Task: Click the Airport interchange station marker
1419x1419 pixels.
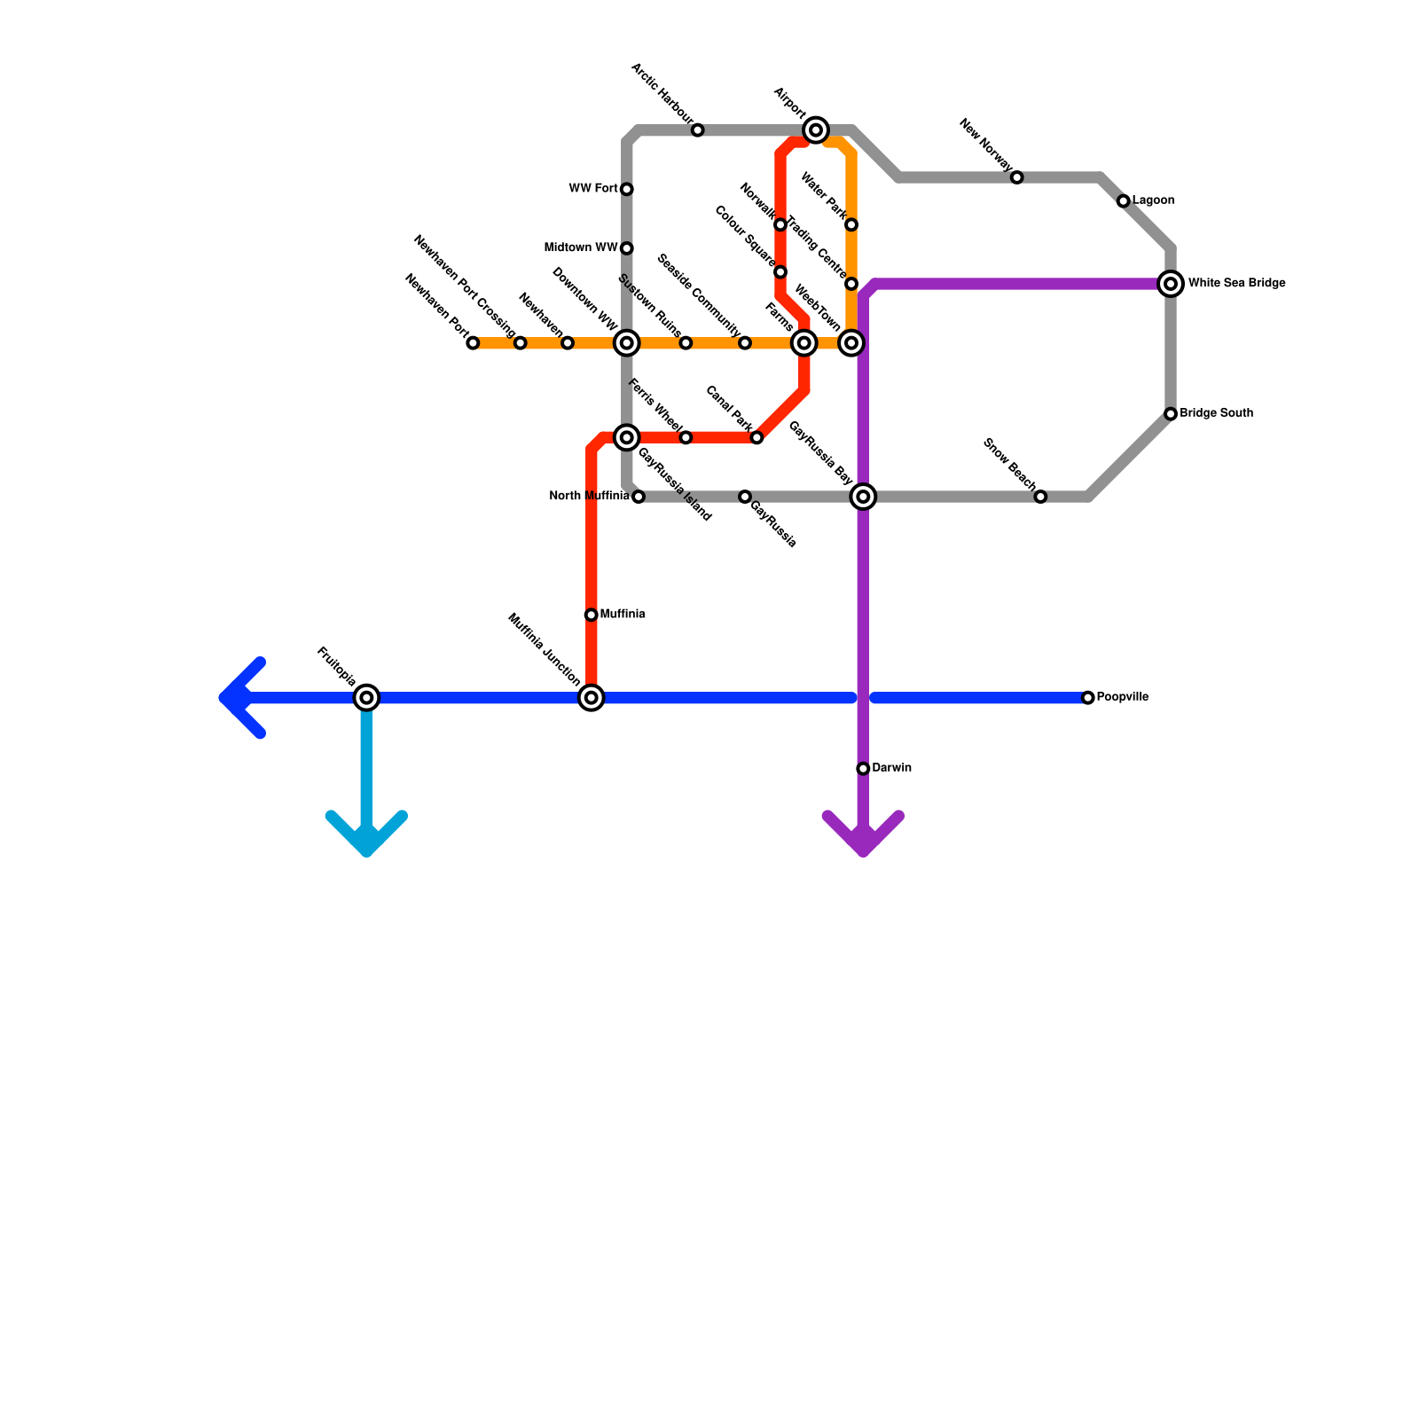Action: point(816,130)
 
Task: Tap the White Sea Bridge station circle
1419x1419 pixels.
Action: point(1171,284)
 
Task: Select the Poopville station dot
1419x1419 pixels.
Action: point(1088,698)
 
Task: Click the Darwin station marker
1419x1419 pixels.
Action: point(863,768)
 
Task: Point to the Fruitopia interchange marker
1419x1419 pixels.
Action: point(366,698)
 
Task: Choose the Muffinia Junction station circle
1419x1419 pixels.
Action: point(592,698)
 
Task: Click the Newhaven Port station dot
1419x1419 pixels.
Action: point(473,343)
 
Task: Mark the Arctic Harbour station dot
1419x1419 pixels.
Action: point(698,130)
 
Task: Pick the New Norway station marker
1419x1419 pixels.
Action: point(1017,177)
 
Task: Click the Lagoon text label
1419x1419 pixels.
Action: point(1153,200)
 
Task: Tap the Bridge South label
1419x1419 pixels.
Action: point(1216,413)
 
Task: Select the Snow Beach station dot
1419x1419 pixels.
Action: point(1040,497)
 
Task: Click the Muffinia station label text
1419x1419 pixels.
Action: point(622,614)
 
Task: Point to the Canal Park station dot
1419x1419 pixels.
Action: point(757,438)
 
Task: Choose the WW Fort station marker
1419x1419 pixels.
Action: point(627,189)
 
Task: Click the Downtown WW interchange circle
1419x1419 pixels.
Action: point(627,343)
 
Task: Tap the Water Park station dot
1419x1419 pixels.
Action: point(851,224)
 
